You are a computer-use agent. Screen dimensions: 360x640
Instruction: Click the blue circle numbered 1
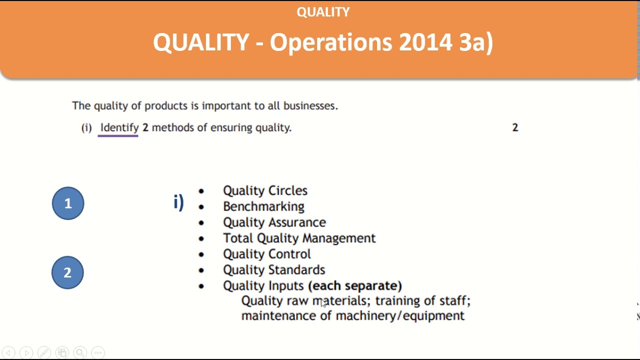tap(68, 203)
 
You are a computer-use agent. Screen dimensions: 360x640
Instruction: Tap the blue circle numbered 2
tap(67, 272)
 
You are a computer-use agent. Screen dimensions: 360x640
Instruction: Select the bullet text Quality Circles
tap(265, 190)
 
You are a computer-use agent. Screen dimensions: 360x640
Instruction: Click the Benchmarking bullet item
tap(263, 206)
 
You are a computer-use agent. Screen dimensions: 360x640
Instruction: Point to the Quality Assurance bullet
tap(274, 222)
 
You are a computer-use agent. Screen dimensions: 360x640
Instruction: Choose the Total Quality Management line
tap(299, 238)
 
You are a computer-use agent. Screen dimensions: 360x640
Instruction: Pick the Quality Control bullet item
tap(266, 254)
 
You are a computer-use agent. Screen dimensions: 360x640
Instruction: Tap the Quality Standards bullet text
tap(274, 270)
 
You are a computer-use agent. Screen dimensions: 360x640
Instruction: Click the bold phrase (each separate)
tap(355, 285)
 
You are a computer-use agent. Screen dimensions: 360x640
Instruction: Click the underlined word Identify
tap(119, 127)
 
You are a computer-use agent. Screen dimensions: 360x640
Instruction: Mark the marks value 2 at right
tap(515, 127)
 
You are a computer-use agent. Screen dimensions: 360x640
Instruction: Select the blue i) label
tap(178, 202)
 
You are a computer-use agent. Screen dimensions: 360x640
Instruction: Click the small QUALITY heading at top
tap(323, 12)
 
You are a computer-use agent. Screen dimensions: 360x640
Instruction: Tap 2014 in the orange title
tap(425, 42)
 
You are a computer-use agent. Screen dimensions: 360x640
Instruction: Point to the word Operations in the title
tap(331, 42)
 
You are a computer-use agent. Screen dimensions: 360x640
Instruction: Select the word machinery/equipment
tap(400, 316)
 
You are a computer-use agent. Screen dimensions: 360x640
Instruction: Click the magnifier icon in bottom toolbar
tap(80, 352)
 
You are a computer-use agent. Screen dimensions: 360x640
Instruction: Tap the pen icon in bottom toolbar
tap(44, 352)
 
